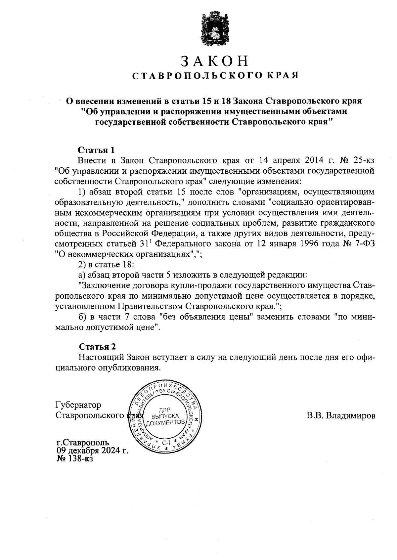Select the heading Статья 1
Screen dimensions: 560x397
coord(96,150)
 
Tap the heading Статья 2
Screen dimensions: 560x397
coord(98,347)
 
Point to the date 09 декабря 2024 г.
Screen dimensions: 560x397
coord(92,451)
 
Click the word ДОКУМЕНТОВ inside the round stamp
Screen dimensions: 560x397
coord(165,422)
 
